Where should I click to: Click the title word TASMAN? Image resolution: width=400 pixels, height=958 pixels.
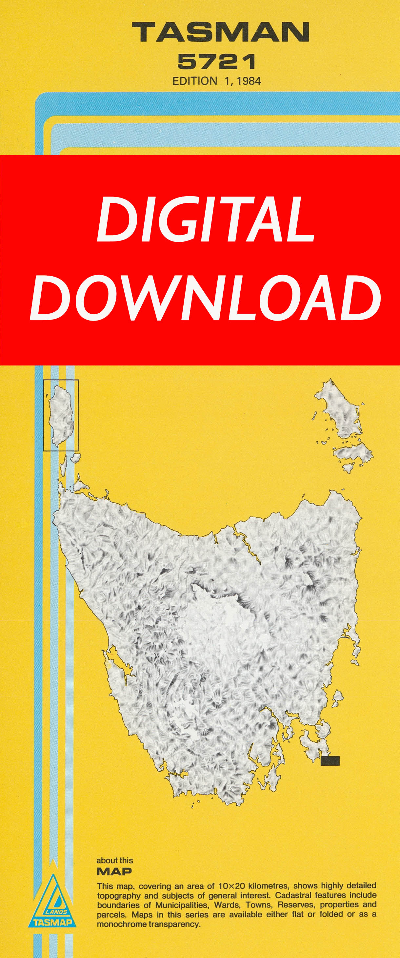[220, 32]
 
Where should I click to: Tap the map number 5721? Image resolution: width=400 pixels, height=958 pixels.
[217, 62]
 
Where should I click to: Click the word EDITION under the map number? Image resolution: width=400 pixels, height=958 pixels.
[194, 81]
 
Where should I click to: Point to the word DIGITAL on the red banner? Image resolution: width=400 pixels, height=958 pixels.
[206, 219]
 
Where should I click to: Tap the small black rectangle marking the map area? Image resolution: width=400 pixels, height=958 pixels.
[330, 761]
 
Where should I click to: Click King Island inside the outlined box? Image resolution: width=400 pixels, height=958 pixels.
[61, 415]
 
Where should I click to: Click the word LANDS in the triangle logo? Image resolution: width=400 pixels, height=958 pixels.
[56, 911]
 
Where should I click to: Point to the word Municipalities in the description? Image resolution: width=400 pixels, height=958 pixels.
[181, 905]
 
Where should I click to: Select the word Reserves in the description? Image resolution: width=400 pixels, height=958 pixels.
[297, 905]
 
